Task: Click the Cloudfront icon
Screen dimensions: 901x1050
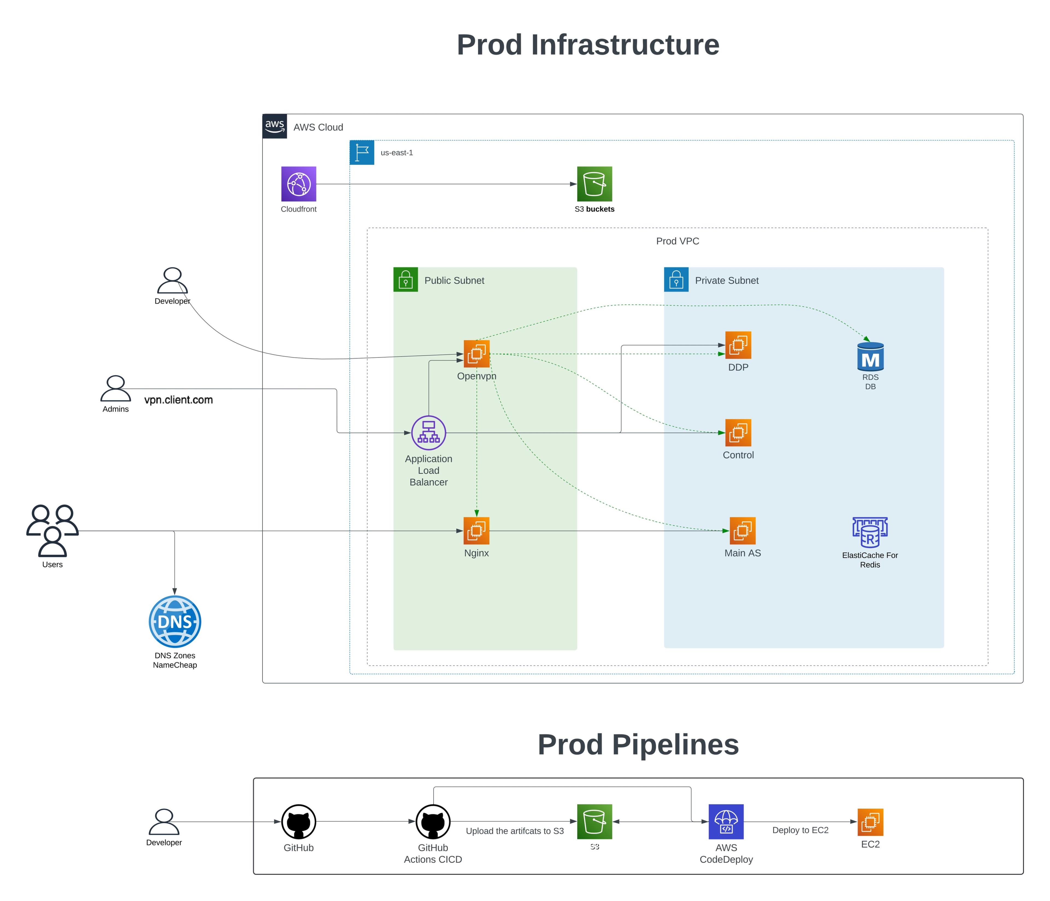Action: click(x=299, y=184)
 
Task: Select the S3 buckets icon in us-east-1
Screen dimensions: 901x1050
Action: click(x=594, y=184)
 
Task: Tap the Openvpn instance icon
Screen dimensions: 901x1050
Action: click(x=476, y=354)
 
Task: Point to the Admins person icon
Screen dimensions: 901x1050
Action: click(x=116, y=389)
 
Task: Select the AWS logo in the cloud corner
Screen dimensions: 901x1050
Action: click(x=275, y=126)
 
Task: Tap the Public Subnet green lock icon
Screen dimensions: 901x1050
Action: click(x=406, y=279)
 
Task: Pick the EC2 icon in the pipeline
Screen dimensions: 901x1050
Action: click(x=870, y=822)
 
